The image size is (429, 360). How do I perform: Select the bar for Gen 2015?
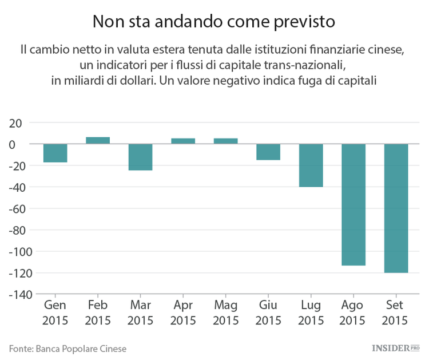coord(55,153)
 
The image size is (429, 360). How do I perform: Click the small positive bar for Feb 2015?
coord(98,140)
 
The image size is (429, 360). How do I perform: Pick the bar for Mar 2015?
coord(140,157)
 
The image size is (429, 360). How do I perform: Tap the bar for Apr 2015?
coord(183,141)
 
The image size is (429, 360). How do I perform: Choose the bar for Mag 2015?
coord(225,141)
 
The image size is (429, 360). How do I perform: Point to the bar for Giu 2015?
coord(268,152)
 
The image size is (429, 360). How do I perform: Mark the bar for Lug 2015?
coord(311,165)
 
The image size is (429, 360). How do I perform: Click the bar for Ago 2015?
coord(353,204)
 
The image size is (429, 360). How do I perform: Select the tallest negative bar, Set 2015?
coord(396,208)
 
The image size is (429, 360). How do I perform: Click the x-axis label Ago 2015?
coord(353,312)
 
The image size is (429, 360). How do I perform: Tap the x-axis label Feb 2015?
coord(98,312)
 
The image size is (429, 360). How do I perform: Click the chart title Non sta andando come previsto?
coord(214,22)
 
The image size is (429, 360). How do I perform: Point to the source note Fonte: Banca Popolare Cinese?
coord(67,348)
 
